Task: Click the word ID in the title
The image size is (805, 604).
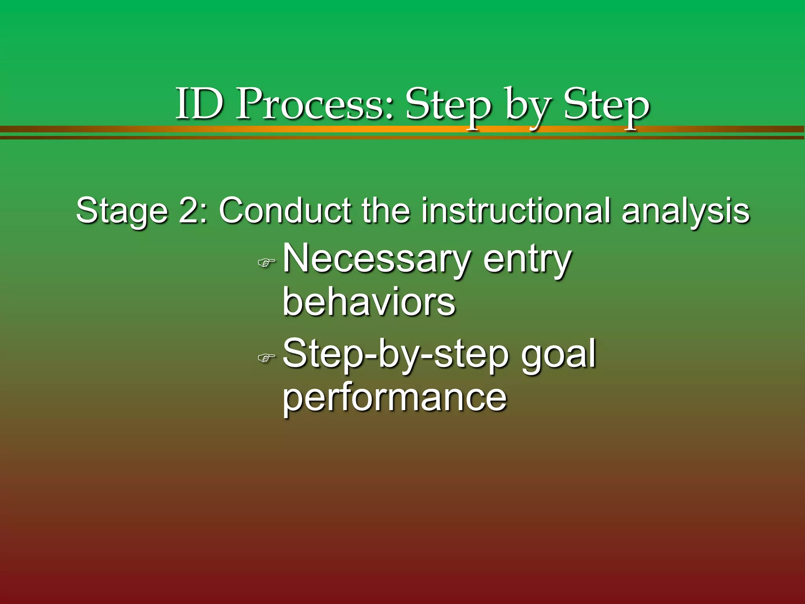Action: (x=199, y=104)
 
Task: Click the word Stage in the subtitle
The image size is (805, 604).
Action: (x=122, y=211)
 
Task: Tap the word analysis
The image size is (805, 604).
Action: (x=686, y=211)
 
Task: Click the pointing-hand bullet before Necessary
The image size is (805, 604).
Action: (x=266, y=262)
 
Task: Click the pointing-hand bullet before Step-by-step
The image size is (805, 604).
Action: (x=266, y=357)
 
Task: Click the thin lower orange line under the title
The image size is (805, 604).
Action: (x=402, y=137)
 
